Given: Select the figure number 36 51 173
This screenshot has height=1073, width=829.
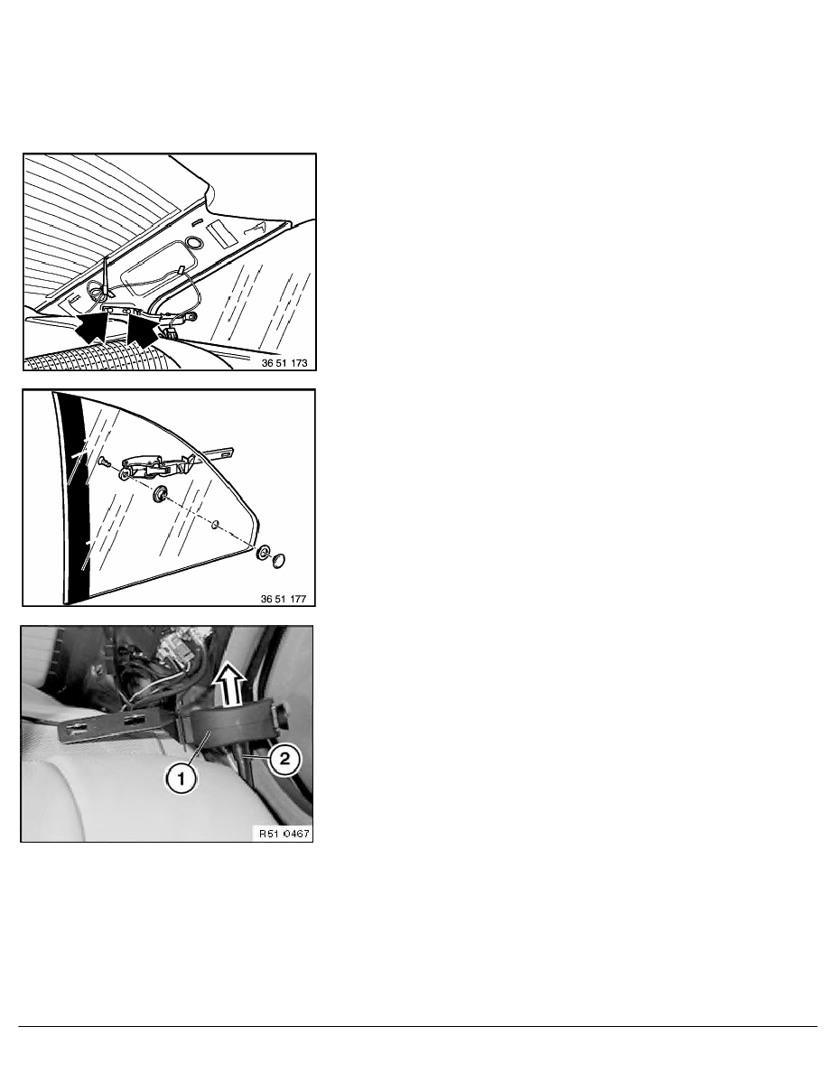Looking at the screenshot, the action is coord(284,363).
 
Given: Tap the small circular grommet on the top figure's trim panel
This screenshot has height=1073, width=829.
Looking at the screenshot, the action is coord(193,243).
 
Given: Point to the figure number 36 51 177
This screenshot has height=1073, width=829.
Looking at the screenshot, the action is coord(284,600).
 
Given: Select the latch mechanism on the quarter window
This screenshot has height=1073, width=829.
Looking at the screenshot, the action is coord(157,468).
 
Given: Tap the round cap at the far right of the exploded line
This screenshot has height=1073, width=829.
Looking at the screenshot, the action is coord(279,561).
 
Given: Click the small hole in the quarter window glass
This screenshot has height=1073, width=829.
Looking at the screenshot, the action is coord(216,525).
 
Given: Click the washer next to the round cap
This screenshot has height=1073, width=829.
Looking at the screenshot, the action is coord(263,553).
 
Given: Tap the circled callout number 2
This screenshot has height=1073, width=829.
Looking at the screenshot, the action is coord(284,758).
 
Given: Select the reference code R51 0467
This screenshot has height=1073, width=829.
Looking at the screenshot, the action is coord(284,834).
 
